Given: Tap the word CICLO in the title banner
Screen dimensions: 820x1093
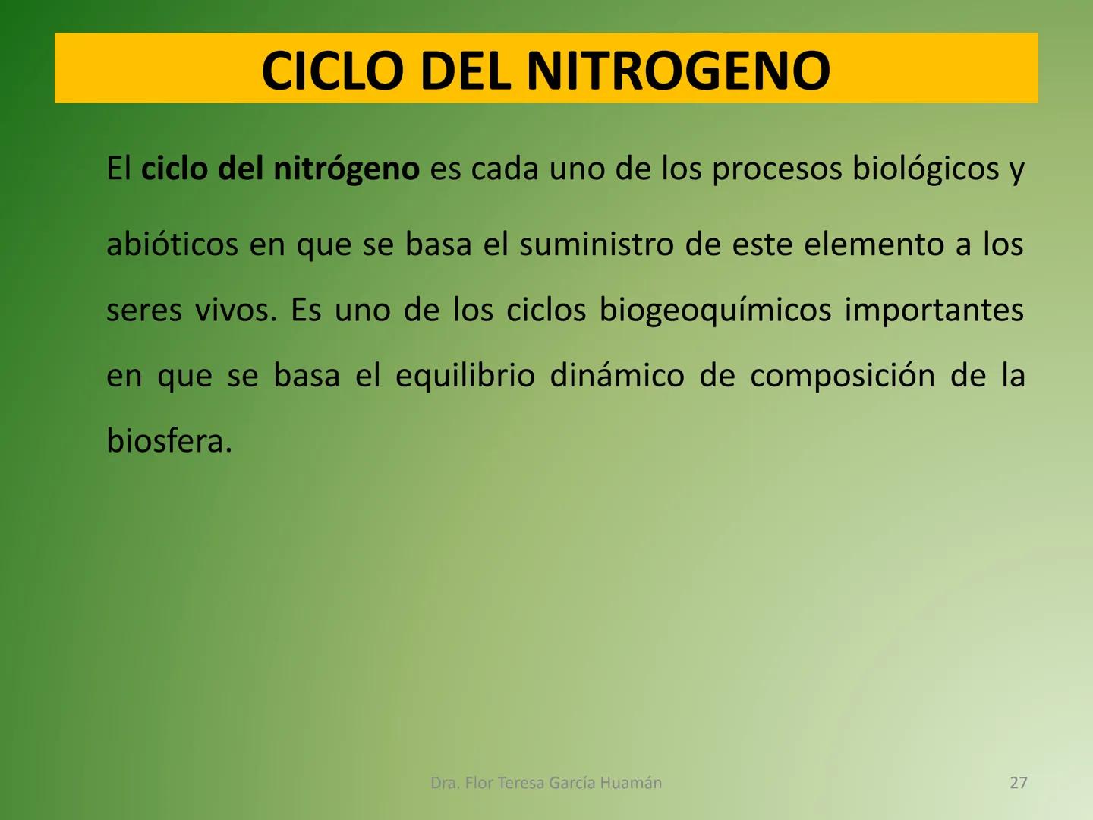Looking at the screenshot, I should point(332,71).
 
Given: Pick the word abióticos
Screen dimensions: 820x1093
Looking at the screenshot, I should point(172,244).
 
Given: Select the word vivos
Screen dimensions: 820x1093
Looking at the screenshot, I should point(235,311).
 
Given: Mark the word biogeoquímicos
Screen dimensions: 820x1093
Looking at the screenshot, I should point(715,311).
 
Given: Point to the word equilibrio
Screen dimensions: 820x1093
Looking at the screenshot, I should point(465,376).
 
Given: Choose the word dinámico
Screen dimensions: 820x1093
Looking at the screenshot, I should point(616,376).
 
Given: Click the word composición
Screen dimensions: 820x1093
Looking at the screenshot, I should point(842,376).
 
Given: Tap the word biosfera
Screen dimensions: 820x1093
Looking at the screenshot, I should point(168,441).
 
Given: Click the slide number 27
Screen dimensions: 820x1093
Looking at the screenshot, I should point(1019,783).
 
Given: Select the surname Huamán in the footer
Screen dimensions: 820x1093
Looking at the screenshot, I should point(631,783).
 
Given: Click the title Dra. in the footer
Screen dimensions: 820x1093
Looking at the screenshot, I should point(444,783).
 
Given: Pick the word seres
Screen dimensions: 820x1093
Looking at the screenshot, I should point(143,311).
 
